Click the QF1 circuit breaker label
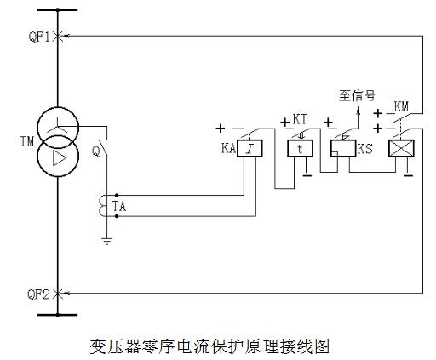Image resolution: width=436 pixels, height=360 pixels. click(39, 37)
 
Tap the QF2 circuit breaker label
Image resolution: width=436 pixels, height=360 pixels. click(38, 294)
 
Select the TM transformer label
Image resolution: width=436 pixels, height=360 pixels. click(27, 141)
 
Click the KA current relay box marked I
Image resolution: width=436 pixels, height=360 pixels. click(250, 148)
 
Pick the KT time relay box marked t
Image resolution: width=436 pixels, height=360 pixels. click(300, 148)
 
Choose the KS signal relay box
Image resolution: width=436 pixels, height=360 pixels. click(343, 148)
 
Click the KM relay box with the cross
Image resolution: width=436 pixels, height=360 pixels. click(401, 148)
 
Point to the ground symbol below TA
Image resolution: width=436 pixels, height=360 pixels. click(107, 241)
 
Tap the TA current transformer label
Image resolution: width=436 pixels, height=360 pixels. click(119, 206)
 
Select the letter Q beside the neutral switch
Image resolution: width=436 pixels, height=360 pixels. click(96, 151)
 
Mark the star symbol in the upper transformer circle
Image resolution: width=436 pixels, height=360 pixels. click(58, 126)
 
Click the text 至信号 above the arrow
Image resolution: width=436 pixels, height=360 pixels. click(357, 95)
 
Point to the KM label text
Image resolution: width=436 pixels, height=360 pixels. click(401, 107)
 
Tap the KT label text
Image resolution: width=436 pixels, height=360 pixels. click(300, 119)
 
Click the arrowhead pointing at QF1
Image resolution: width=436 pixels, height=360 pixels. click(67, 36)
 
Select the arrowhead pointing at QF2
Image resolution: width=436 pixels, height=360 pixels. click(67, 294)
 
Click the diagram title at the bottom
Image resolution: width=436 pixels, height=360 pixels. click(209, 346)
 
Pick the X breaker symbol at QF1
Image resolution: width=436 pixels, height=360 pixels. click(58, 36)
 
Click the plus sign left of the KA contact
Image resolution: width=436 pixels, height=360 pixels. click(221, 129)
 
